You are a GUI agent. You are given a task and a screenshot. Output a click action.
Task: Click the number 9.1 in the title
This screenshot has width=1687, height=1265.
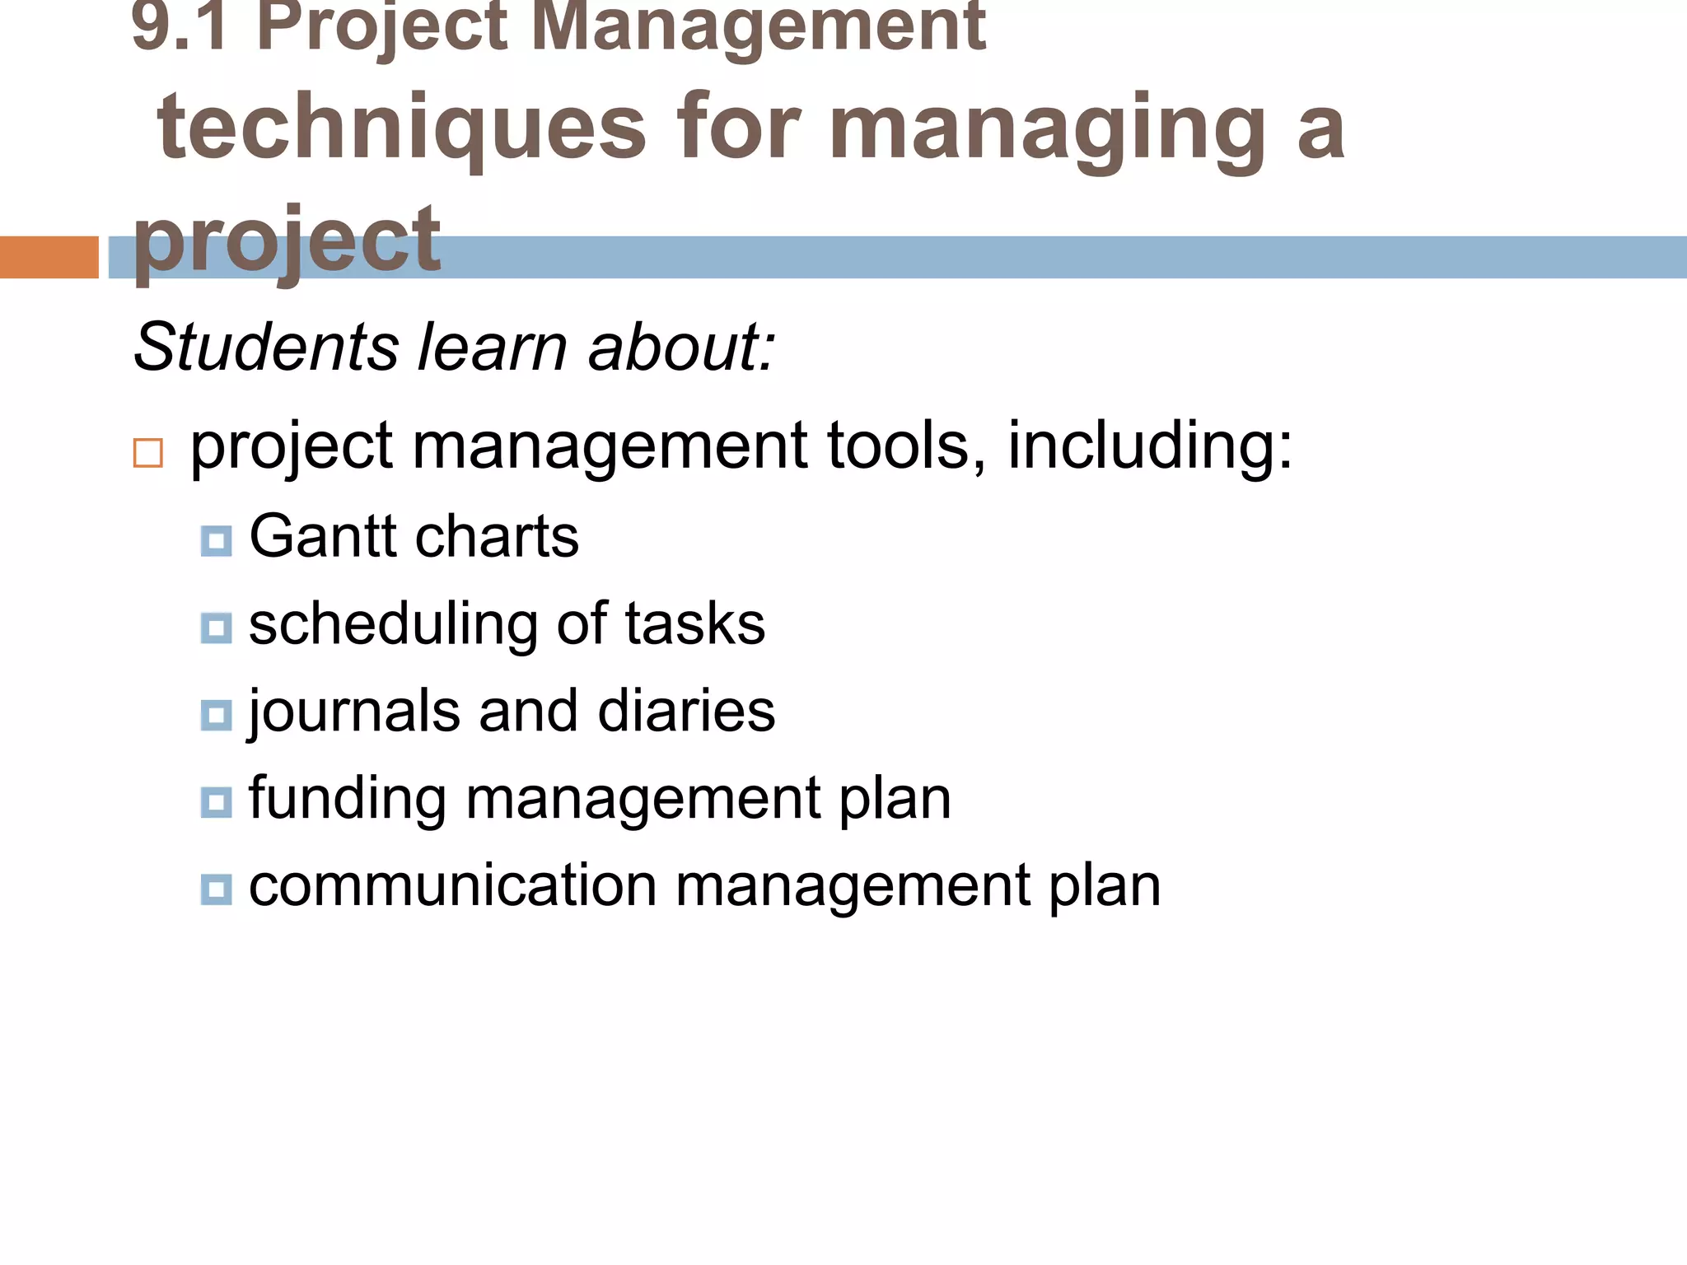pos(180,26)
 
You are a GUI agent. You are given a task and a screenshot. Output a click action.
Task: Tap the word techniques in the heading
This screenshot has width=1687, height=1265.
pos(402,128)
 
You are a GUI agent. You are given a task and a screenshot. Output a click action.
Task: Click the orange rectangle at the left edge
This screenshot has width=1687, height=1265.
pos(49,257)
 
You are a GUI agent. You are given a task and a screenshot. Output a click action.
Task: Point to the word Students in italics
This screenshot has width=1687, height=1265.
pos(267,347)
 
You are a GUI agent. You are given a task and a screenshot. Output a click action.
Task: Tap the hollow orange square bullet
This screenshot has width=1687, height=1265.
pos(148,454)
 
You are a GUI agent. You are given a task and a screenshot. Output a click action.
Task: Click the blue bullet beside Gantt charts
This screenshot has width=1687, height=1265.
pos(216,541)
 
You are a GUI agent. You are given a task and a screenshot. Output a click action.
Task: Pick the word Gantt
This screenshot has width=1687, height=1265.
pos(323,536)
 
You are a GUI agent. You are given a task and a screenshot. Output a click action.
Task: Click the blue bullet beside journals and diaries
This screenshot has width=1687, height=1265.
pos(216,715)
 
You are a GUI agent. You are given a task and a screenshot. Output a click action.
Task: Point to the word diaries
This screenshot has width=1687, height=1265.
pos(686,711)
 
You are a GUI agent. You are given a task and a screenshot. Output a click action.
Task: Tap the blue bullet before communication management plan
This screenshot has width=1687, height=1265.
pos(216,889)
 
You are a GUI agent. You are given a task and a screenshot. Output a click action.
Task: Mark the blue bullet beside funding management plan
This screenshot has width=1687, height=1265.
pos(216,802)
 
